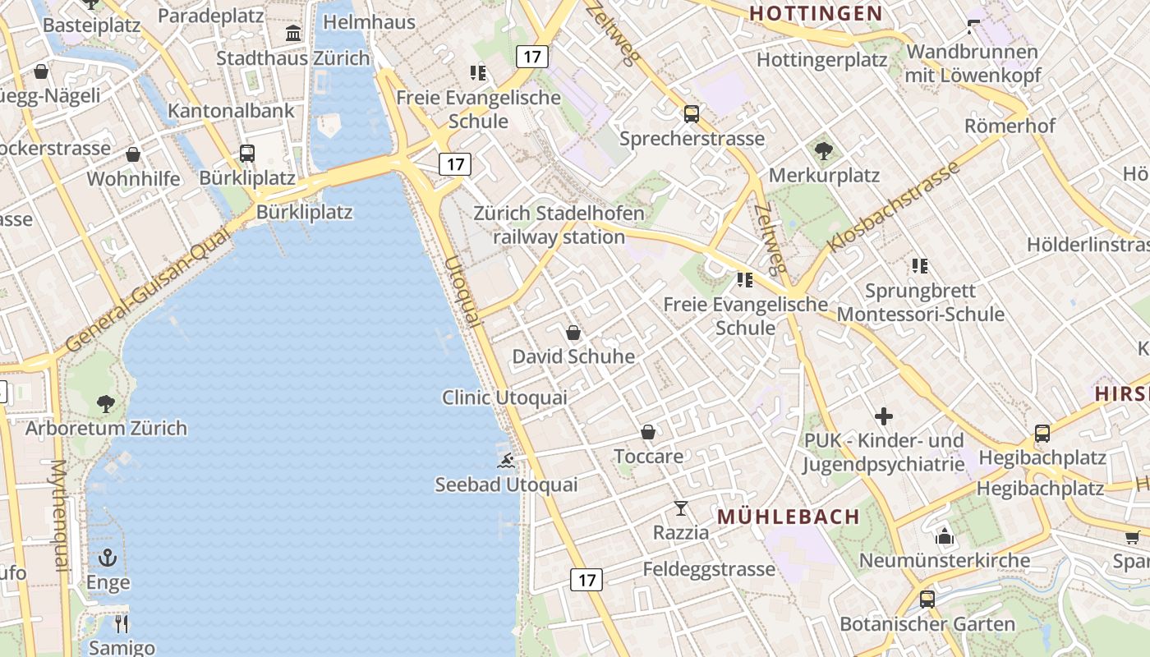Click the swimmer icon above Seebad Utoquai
pos(507,461)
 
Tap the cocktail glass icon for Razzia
pos(681,508)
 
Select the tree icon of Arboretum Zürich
pos(105,403)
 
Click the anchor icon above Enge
pos(108,558)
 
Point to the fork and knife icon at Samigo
pos(122,623)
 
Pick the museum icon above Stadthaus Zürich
pos(293,33)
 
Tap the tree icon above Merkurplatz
pos(823,150)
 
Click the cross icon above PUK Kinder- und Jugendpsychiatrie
pos(884,416)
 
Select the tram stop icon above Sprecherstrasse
pos(692,113)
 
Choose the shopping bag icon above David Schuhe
pos(573,333)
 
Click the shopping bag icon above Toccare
pos(648,432)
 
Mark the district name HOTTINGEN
pos(816,13)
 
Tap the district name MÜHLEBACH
pos(788,517)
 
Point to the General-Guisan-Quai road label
pos(149,291)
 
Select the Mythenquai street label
pos(59,516)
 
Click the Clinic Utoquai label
pos(504,397)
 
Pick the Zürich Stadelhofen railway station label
pos(559,225)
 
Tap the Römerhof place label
pos(1010,126)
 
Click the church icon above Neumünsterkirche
pos(944,537)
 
